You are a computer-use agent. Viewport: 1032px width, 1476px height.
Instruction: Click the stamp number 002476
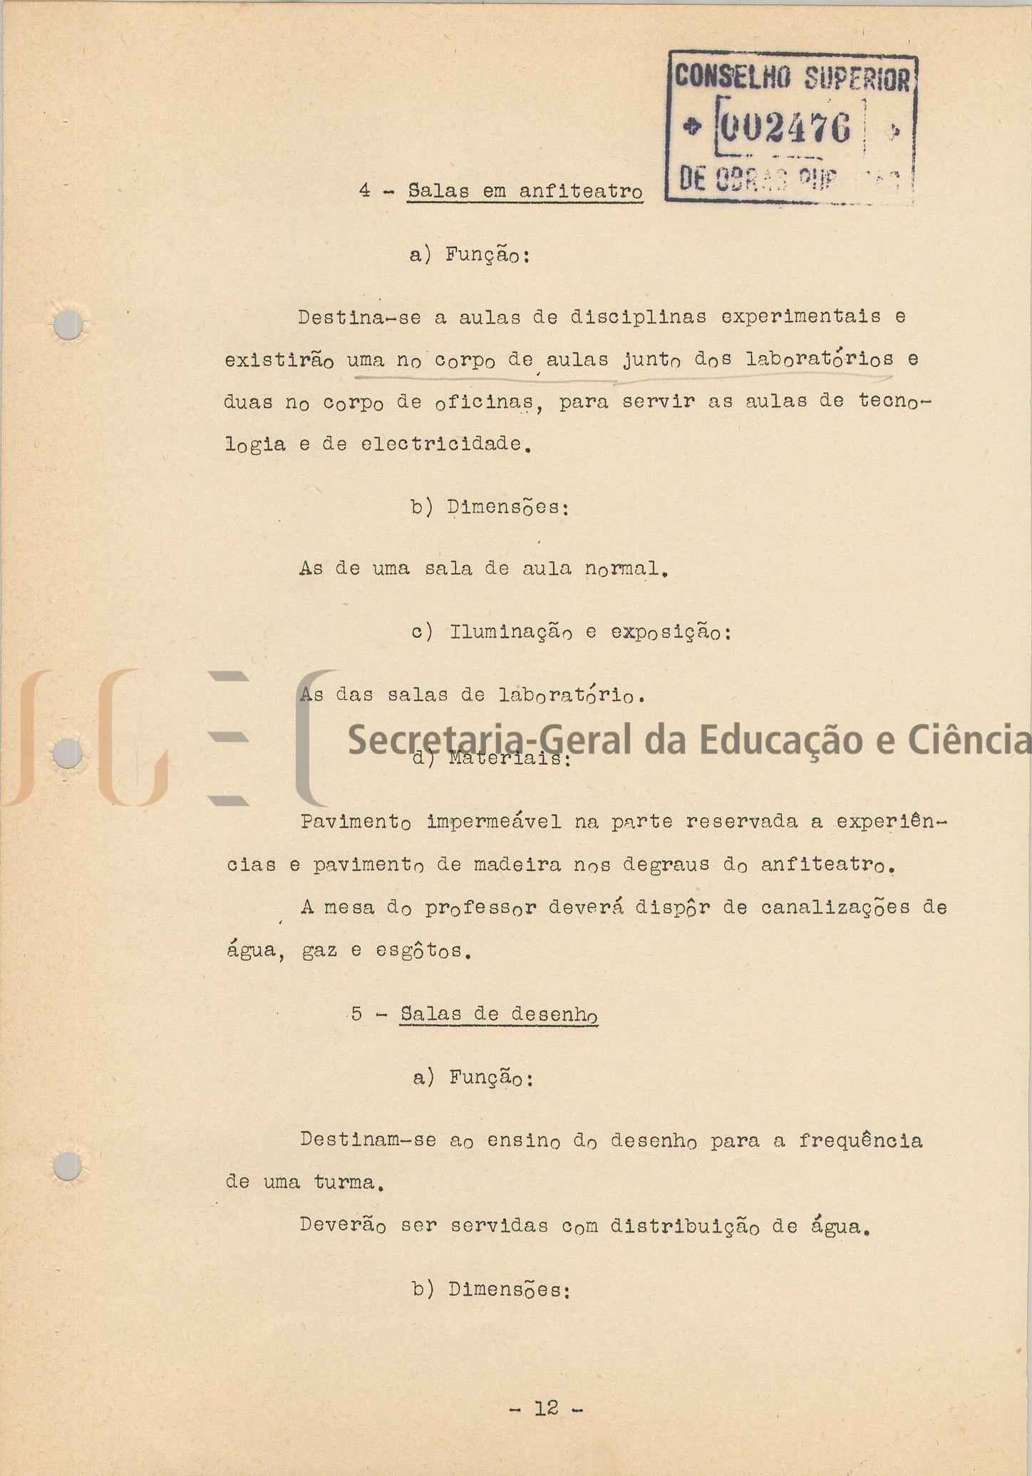[785, 128]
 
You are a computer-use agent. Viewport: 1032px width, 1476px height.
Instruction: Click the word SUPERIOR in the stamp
[857, 78]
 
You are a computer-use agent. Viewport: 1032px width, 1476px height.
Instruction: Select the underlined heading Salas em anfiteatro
[525, 192]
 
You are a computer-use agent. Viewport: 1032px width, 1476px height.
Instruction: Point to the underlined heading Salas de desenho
[498, 1014]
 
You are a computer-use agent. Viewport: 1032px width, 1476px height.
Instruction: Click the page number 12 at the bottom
[547, 1408]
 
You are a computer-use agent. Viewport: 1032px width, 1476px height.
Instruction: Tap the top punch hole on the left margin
[68, 325]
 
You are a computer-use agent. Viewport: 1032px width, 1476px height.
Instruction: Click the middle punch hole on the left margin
[68, 754]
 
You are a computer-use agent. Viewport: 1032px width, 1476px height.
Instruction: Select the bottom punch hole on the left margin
[68, 1167]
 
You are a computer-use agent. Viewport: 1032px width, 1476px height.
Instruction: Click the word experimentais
[800, 316]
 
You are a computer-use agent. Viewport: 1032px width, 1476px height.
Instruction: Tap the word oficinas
[484, 403]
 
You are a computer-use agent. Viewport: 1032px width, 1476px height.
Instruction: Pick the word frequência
[860, 1141]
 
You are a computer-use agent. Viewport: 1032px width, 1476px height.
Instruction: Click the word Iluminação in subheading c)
[510, 632]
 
